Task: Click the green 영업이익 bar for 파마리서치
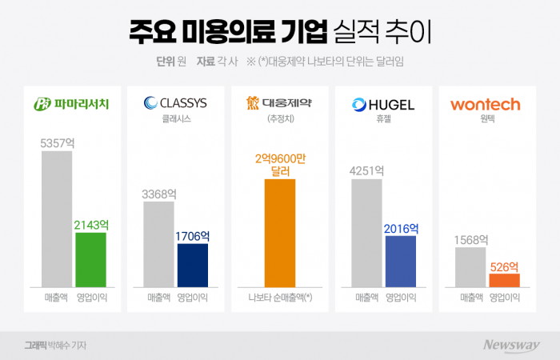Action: (90, 259)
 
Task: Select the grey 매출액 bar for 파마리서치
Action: (56, 218)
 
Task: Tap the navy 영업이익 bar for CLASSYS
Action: (192, 265)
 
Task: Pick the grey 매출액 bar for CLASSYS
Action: (158, 244)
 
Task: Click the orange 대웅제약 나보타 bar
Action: (279, 233)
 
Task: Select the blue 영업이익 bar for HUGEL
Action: (401, 261)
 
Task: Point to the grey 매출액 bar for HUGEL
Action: (366, 233)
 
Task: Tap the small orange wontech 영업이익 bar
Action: (504, 280)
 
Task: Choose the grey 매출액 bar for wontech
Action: (470, 266)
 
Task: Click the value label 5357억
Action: (56, 143)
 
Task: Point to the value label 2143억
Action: (90, 226)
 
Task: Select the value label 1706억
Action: (192, 236)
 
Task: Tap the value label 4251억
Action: (366, 171)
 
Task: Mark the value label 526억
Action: (504, 266)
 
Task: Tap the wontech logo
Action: (486, 104)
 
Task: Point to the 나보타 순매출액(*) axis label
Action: (280, 298)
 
